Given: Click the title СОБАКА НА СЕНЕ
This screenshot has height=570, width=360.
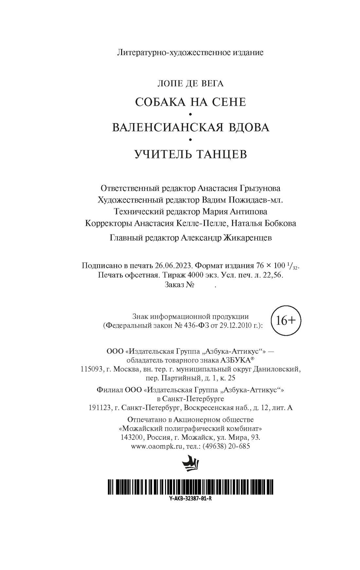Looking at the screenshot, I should click(x=190, y=102).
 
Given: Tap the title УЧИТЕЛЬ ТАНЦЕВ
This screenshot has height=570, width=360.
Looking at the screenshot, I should click(x=190, y=153).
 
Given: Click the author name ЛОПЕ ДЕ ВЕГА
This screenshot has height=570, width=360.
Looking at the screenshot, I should click(x=190, y=83).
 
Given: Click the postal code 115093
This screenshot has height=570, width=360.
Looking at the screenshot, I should click(x=91, y=369).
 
